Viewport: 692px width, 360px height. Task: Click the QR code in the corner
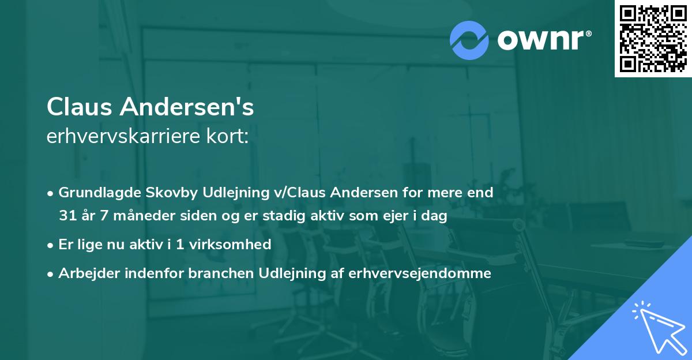[653, 39]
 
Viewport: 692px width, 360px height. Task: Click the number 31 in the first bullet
[66, 216]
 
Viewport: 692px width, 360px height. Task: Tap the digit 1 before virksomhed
[179, 245]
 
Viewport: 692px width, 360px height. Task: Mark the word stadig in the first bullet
[277, 216]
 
